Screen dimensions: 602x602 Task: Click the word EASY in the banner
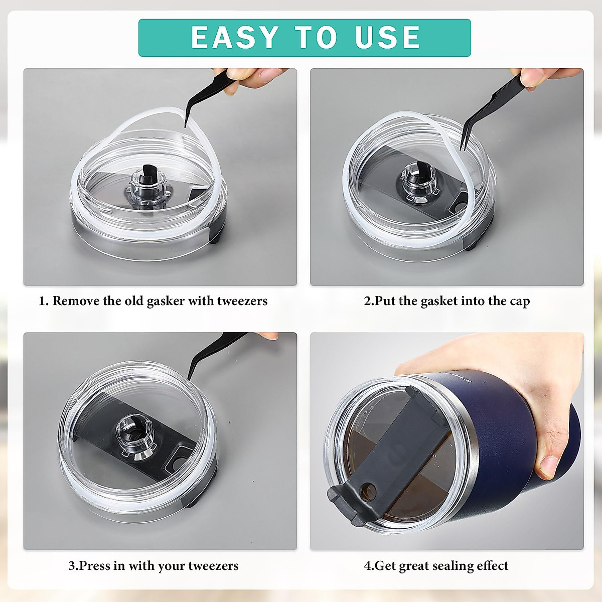pyautogui.click(x=235, y=37)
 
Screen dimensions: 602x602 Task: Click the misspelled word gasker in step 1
pyautogui.click(x=165, y=302)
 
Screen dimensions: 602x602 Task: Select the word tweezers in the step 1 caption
pyautogui.click(x=242, y=301)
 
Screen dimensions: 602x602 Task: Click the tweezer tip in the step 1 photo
pyautogui.click(x=185, y=126)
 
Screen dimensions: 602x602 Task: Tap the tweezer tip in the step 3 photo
pyautogui.click(x=189, y=379)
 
